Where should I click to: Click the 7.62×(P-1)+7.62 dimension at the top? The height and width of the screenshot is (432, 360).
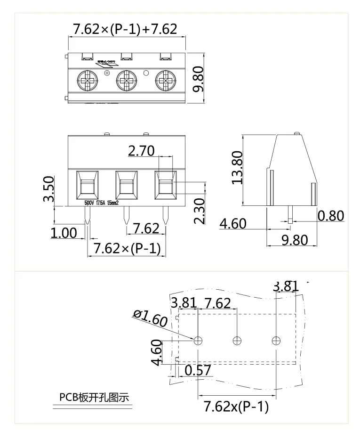pyautogui.click(x=125, y=29)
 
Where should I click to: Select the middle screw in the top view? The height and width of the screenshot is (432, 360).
pyautogui.click(x=127, y=81)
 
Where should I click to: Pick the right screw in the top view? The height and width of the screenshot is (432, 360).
pyautogui.click(x=165, y=81)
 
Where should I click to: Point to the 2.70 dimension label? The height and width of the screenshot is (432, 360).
pyautogui.click(x=141, y=151)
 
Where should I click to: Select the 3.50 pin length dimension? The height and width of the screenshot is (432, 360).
pyautogui.click(x=48, y=188)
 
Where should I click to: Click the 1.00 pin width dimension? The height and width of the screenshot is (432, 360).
pyautogui.click(x=64, y=233)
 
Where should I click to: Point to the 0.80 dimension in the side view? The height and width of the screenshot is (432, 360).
pyautogui.click(x=331, y=216)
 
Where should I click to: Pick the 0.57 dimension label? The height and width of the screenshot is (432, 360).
pyautogui.click(x=198, y=370)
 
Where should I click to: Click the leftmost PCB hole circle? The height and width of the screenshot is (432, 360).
pyautogui.click(x=199, y=340)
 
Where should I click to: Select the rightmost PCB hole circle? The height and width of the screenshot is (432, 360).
pyautogui.click(x=276, y=340)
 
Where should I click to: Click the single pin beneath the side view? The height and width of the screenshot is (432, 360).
pyautogui.click(x=290, y=214)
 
